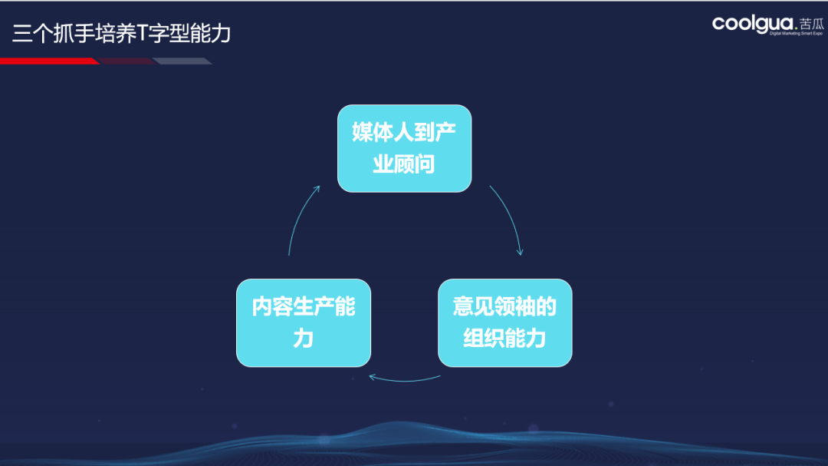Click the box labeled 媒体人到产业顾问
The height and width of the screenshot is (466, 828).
click(405, 149)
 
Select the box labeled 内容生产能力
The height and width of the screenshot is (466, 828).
click(304, 322)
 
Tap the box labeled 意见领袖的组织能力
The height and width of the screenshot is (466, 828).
click(504, 322)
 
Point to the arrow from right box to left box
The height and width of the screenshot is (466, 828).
click(405, 380)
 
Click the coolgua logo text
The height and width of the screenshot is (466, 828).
click(753, 25)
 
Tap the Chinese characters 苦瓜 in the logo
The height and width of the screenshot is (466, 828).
click(812, 24)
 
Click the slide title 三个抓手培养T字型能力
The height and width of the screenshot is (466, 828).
click(121, 33)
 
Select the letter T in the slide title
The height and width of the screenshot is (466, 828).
click(142, 33)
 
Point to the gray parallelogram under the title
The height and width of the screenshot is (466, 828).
click(182, 61)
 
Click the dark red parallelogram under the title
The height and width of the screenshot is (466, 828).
click(127, 61)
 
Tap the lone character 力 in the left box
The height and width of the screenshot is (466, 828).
click(304, 339)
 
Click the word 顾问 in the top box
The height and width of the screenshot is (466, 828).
click(415, 164)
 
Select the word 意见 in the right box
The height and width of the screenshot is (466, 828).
click(474, 307)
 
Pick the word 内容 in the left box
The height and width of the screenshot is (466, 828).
click(272, 307)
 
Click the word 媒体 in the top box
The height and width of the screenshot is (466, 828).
click(373, 132)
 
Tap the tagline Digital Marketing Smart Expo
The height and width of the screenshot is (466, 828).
click(796, 33)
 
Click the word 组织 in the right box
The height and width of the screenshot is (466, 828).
click(484, 339)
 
